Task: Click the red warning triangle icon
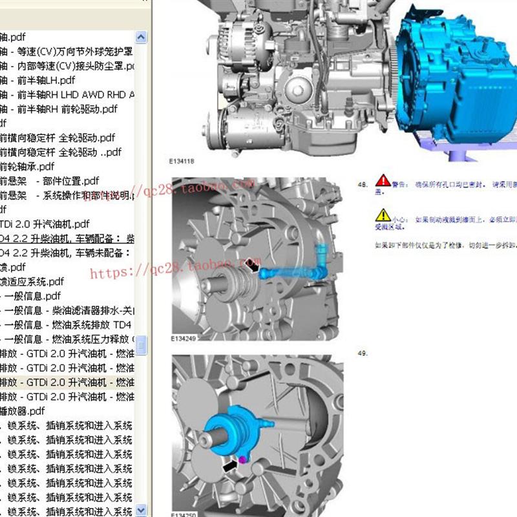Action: [x=383, y=180]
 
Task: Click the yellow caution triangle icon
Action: [x=383, y=215]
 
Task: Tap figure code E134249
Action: [x=184, y=338]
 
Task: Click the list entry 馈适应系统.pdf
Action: [x=32, y=281]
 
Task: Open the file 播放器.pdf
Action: [x=23, y=411]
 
